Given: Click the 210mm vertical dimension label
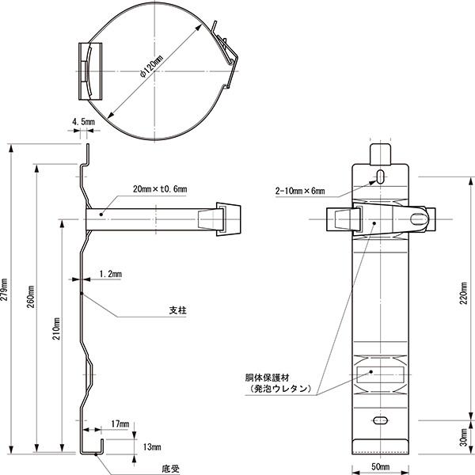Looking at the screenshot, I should pos(57,332).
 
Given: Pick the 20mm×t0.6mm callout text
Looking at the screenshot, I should pos(159,189).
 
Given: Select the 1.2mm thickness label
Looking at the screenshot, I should pos(110,274).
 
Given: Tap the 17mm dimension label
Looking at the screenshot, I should pos(120,425).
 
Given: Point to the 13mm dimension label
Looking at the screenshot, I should pos(151,447).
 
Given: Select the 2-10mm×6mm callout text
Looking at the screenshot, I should pos(300,191).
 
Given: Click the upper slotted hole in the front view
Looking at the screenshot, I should pos(381,175).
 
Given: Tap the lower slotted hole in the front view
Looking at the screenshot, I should pos(381,420).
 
